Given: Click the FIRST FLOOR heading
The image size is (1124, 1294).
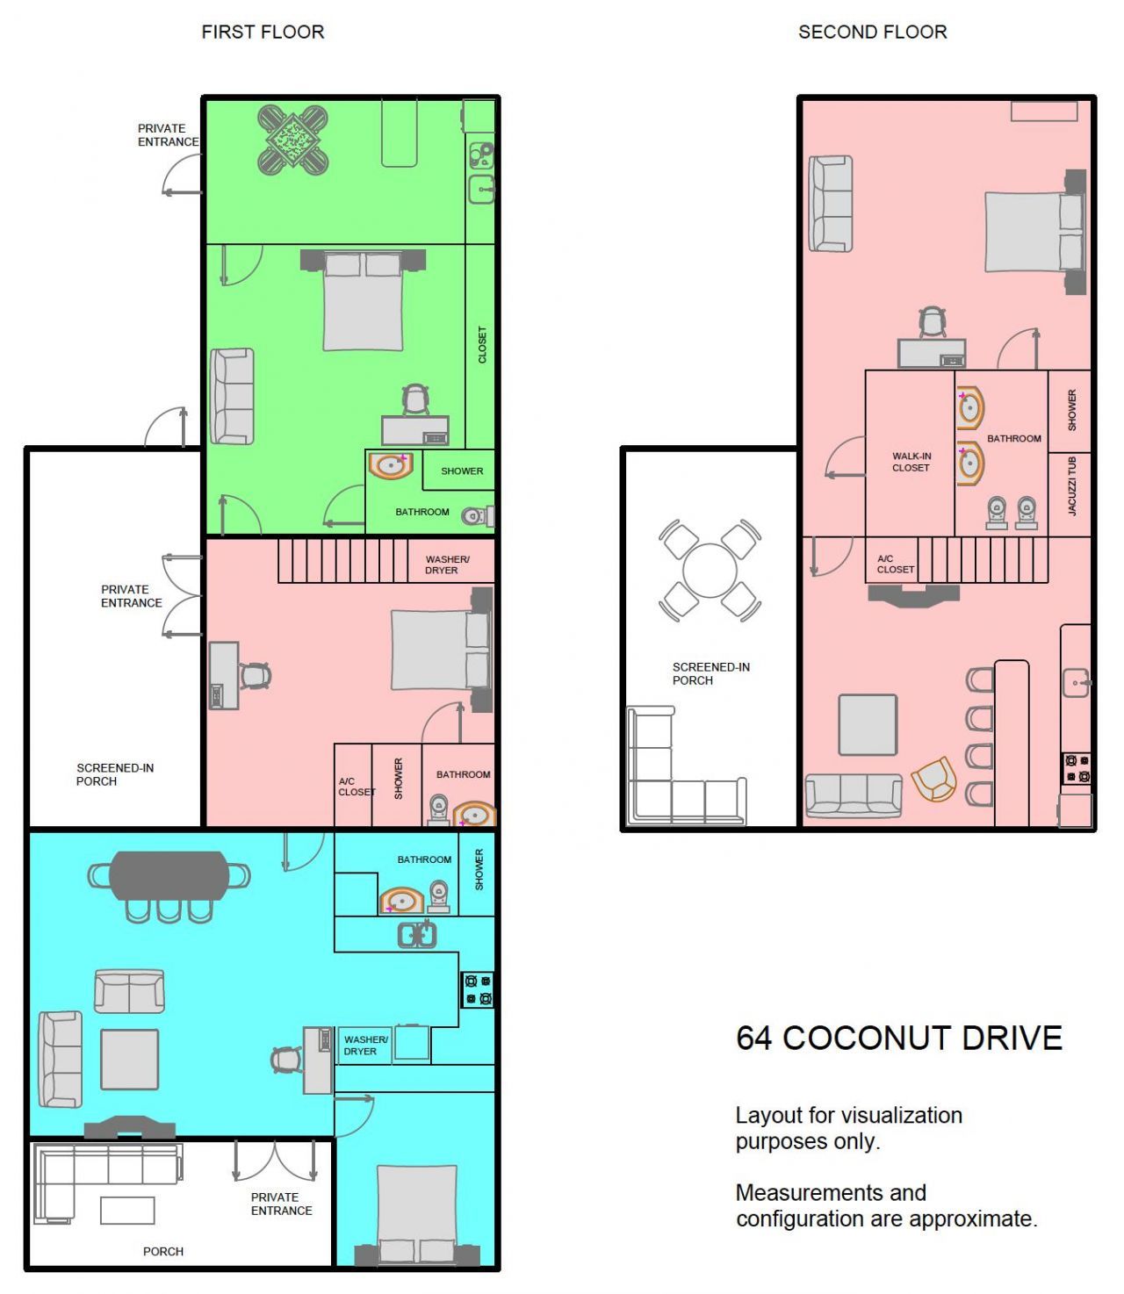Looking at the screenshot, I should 263,32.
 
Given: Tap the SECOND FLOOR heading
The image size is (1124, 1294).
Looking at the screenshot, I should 872,32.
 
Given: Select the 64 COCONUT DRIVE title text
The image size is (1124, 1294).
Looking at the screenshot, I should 898,1038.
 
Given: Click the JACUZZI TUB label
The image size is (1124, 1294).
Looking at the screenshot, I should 1071,485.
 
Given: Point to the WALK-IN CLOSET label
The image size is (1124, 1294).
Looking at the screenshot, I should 911,462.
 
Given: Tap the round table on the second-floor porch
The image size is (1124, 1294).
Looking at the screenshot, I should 710,571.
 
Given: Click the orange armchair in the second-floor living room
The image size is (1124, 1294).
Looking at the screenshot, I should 933,779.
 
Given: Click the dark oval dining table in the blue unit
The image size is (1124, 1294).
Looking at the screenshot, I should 169,875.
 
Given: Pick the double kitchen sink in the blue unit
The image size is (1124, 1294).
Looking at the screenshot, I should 417,935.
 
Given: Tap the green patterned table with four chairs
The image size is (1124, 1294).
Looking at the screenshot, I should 292,139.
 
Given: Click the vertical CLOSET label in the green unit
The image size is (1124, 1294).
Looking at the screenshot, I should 481,345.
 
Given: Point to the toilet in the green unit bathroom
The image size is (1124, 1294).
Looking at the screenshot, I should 477,515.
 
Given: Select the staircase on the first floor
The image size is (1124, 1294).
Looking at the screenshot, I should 342,561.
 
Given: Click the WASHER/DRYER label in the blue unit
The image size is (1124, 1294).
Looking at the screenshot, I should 364,1045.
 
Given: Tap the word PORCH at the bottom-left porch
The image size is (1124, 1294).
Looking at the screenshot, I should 163,1251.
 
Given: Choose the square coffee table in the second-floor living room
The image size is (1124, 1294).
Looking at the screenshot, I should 868,724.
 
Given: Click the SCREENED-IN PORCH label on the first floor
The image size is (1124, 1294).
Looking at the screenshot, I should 114,774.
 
